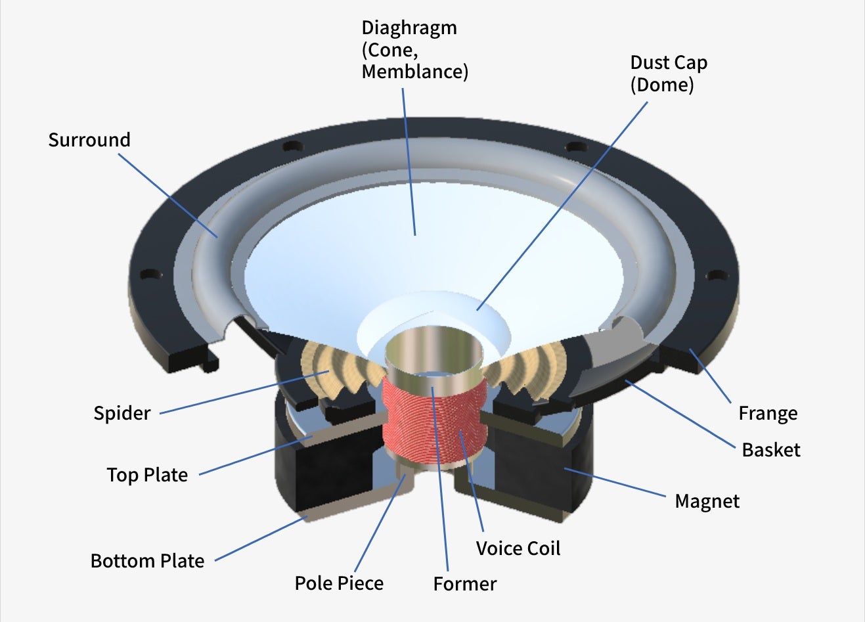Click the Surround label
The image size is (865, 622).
click(89, 140)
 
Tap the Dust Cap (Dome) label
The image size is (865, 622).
click(668, 74)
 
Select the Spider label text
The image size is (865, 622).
click(122, 413)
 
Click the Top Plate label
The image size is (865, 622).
click(147, 475)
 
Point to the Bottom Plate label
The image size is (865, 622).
click(147, 561)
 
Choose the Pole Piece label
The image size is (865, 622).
click(339, 583)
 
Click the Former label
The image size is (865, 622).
click(464, 584)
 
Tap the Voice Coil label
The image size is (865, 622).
click(518, 548)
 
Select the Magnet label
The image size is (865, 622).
click(707, 501)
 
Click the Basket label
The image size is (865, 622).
click(771, 450)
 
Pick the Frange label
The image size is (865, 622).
click(768, 413)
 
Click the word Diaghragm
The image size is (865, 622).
click(409, 28)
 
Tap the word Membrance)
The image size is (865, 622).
click(415, 72)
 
